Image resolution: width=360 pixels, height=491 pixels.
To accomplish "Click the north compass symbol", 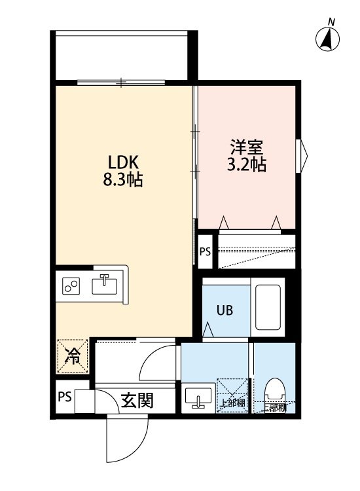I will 327,39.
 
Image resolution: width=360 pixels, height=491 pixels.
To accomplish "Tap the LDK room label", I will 121,162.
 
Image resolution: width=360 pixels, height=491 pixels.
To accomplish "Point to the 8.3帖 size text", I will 121,179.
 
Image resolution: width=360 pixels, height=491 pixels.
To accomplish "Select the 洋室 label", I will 247,147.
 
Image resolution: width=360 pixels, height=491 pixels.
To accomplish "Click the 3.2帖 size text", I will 247,164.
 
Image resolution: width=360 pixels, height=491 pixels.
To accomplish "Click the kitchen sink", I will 104,285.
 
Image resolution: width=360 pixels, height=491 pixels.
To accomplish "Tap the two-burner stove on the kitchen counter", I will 71,286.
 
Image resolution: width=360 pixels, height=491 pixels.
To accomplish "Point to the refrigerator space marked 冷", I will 72,357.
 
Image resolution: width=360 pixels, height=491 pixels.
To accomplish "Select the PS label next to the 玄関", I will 63,397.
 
